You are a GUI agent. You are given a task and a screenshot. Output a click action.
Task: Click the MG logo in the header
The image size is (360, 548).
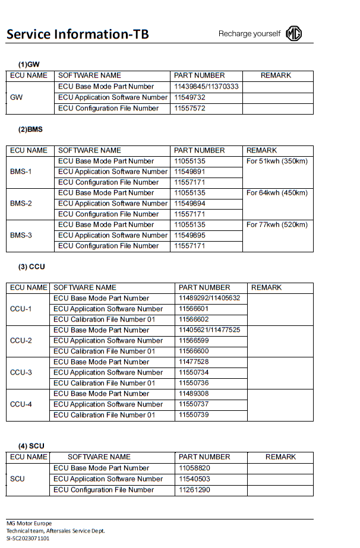(293, 33)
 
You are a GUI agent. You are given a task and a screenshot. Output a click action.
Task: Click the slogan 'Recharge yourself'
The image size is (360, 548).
(249, 34)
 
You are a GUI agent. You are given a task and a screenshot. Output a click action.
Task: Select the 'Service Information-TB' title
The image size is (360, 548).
(77, 34)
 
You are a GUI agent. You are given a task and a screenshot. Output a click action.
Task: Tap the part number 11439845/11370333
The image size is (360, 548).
(206, 86)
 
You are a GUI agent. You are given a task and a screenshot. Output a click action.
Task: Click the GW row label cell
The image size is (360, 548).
(17, 97)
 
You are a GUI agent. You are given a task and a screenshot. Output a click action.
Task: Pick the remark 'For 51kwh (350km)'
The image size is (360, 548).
(277, 161)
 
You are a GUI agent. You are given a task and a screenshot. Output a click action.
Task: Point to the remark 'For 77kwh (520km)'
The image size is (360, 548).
(277, 224)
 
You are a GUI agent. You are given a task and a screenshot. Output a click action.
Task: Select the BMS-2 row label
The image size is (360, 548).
(21, 203)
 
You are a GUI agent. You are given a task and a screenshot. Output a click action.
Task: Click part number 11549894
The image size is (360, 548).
(190, 203)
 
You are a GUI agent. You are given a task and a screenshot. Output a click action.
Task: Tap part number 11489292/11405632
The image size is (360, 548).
(209, 298)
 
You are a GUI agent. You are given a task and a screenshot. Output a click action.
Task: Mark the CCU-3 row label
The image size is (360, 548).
(21, 372)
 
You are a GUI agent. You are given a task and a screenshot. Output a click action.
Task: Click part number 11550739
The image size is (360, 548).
(194, 415)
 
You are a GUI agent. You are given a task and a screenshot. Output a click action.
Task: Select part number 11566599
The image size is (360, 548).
(194, 341)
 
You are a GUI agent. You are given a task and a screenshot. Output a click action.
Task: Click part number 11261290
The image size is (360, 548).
(194, 490)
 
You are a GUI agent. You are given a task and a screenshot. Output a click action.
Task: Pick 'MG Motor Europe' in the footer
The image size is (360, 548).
(29, 524)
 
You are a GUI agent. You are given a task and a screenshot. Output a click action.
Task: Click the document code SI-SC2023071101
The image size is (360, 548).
(28, 538)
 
